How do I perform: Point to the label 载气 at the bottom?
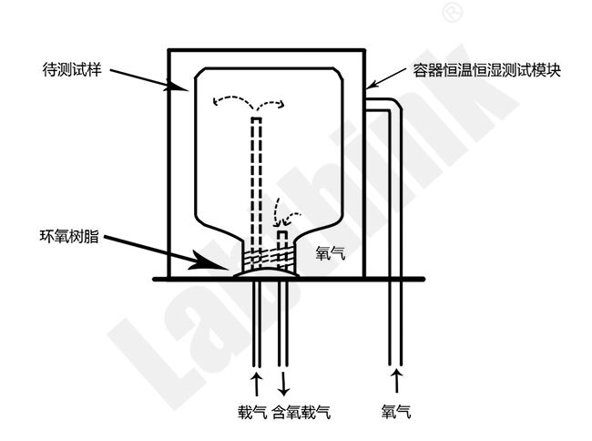(252, 413)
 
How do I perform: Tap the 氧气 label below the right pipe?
(396, 413)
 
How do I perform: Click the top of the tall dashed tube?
(256, 120)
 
